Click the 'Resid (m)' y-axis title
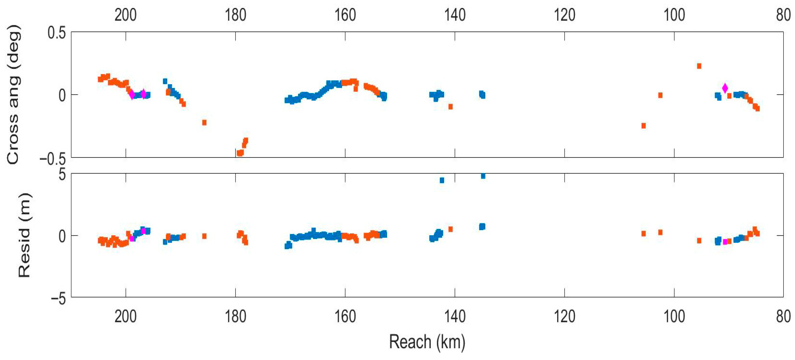(24, 235)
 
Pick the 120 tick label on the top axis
(564, 15)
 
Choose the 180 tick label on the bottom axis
(235, 316)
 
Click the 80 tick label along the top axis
(784, 15)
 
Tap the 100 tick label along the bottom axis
(674, 316)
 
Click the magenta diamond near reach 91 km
(725, 88)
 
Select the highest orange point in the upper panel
(699, 66)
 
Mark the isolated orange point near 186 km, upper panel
(204, 122)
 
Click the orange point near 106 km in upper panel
(643, 125)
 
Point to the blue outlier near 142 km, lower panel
(442, 180)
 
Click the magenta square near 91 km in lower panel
(725, 242)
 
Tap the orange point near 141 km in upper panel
(450, 106)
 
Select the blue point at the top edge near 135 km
(483, 176)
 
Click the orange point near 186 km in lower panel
(204, 236)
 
